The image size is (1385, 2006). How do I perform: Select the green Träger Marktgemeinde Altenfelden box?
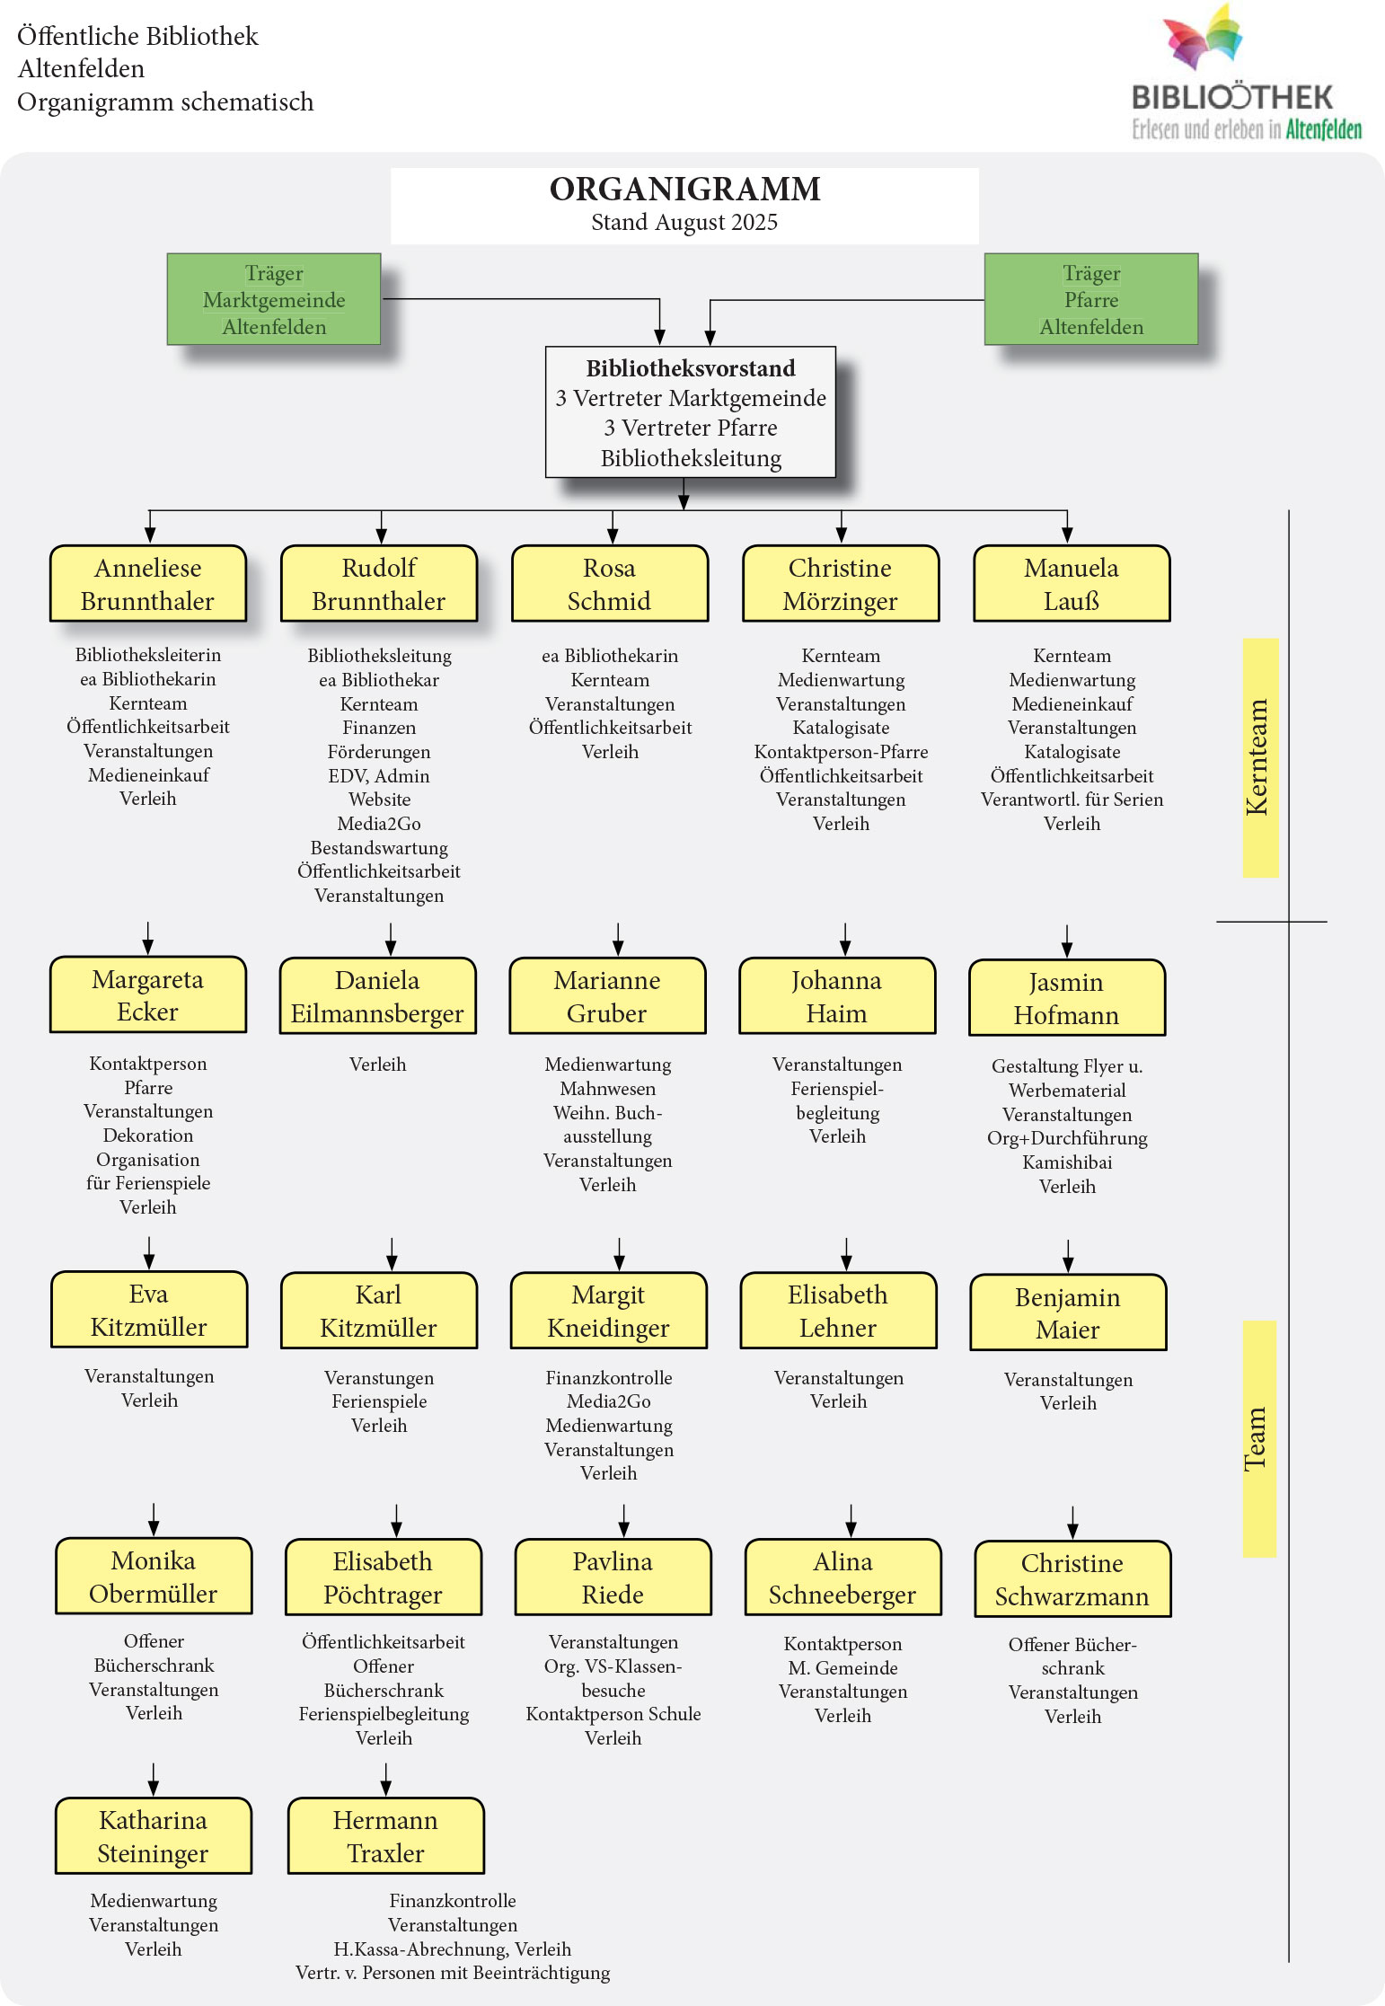click(274, 299)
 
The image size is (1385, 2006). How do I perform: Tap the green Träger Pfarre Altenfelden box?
click(1090, 299)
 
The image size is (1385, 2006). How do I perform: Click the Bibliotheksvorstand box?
click(690, 412)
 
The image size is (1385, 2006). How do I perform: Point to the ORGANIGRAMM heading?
click(684, 190)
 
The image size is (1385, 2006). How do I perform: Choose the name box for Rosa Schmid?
click(609, 584)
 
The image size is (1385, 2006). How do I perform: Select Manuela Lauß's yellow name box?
click(1071, 584)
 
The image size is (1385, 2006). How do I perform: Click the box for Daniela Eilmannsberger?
click(377, 996)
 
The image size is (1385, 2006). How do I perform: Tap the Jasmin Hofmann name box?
click(1066, 998)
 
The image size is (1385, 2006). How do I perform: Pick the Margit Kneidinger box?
click(608, 1311)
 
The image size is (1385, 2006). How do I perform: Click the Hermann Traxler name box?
click(385, 1836)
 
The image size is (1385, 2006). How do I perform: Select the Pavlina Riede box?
click(613, 1577)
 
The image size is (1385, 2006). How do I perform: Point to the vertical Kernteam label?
click(1259, 757)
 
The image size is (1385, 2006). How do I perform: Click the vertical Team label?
click(1258, 1438)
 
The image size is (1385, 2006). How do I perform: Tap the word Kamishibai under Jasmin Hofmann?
click(1067, 1162)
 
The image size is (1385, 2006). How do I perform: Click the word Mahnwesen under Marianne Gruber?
click(607, 1089)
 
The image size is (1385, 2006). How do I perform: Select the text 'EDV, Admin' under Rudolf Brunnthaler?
click(379, 776)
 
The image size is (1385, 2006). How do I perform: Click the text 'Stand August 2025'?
click(684, 223)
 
